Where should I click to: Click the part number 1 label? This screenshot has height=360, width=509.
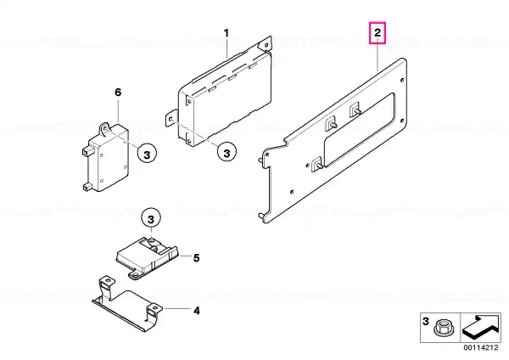click(x=227, y=33)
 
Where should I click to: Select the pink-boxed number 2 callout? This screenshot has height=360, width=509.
click(x=378, y=32)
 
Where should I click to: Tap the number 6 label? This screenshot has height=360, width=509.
click(x=118, y=93)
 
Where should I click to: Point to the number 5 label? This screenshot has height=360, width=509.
click(x=196, y=258)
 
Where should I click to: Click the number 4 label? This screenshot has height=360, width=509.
click(x=197, y=311)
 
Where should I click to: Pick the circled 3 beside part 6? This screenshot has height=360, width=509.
click(x=147, y=155)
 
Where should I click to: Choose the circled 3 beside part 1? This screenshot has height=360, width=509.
click(x=227, y=153)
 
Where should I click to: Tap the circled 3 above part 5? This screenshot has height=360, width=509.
click(x=151, y=219)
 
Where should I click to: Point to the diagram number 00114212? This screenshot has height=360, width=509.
click(x=480, y=347)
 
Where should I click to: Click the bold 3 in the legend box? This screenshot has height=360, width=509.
click(x=426, y=321)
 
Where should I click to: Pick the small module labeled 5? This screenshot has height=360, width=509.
click(x=147, y=256)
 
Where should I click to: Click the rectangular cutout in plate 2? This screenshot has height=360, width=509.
click(x=360, y=130)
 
